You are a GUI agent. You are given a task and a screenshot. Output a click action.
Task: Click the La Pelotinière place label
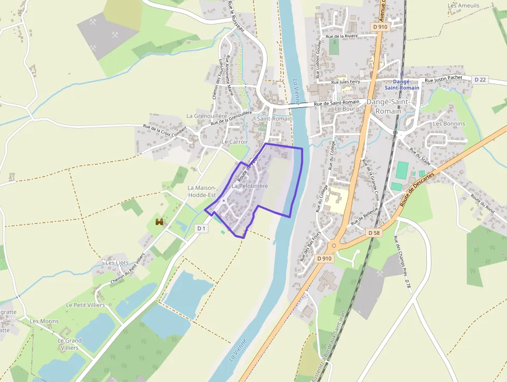(249, 186)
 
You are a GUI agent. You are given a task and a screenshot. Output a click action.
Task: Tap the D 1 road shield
(201, 228)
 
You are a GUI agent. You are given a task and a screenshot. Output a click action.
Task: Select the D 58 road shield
(374, 233)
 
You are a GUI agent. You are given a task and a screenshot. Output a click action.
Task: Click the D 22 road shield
(481, 79)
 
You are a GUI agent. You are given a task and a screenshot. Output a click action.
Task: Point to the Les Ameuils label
(464, 6)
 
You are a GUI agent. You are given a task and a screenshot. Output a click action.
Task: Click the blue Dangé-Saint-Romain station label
(402, 84)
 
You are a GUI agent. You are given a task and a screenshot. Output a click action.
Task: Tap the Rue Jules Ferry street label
(346, 82)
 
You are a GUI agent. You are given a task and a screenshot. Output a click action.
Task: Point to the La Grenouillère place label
(207, 116)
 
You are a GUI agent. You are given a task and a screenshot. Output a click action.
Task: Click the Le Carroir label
(235, 142)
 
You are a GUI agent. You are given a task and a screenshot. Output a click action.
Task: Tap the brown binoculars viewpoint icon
(160, 222)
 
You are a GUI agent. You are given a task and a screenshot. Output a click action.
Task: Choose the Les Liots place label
(117, 262)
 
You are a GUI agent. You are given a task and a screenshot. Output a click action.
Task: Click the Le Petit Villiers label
(85, 305)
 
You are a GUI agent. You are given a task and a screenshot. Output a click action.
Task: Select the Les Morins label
(44, 321)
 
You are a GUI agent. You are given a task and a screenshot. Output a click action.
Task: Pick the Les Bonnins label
(449, 124)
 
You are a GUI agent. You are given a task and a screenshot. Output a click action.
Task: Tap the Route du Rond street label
(482, 204)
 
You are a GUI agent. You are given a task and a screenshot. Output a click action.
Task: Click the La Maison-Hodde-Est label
(201, 191)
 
